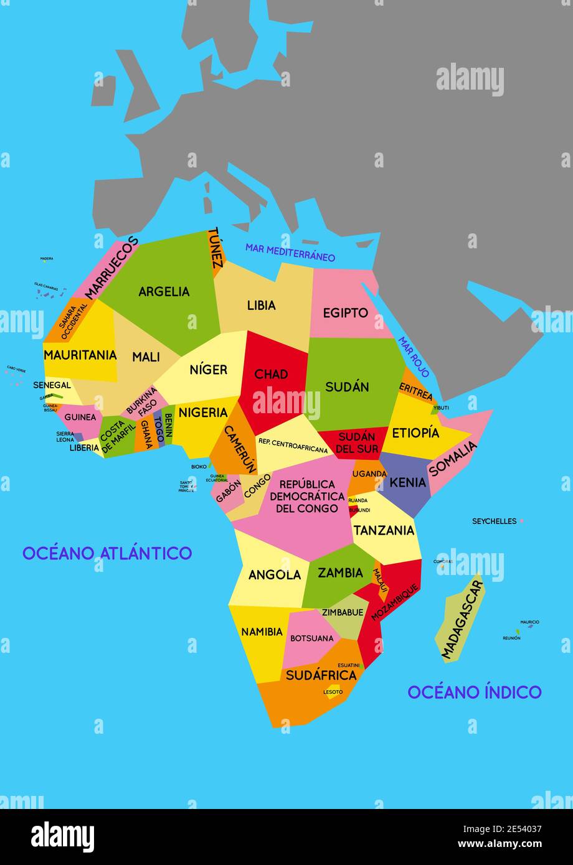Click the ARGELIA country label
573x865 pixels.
(x=164, y=291)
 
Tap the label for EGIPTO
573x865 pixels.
(x=345, y=312)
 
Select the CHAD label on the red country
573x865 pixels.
(x=271, y=374)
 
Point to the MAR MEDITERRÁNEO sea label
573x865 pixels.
(x=290, y=252)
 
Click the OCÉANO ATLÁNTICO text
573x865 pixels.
(x=107, y=553)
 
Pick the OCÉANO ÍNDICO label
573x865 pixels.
(x=474, y=691)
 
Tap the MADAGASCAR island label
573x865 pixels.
(x=462, y=619)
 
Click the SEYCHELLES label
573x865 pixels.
(x=494, y=521)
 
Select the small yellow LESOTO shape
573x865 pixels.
(x=333, y=691)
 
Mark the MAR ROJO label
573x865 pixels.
(x=414, y=357)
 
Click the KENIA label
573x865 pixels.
(x=408, y=482)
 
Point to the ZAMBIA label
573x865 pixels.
(x=340, y=573)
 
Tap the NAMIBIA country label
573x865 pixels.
(x=262, y=632)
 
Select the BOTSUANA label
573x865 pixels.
(x=312, y=638)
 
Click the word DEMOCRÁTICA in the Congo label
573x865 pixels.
(x=307, y=496)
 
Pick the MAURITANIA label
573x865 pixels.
(x=80, y=355)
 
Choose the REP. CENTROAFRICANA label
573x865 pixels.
(x=293, y=441)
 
